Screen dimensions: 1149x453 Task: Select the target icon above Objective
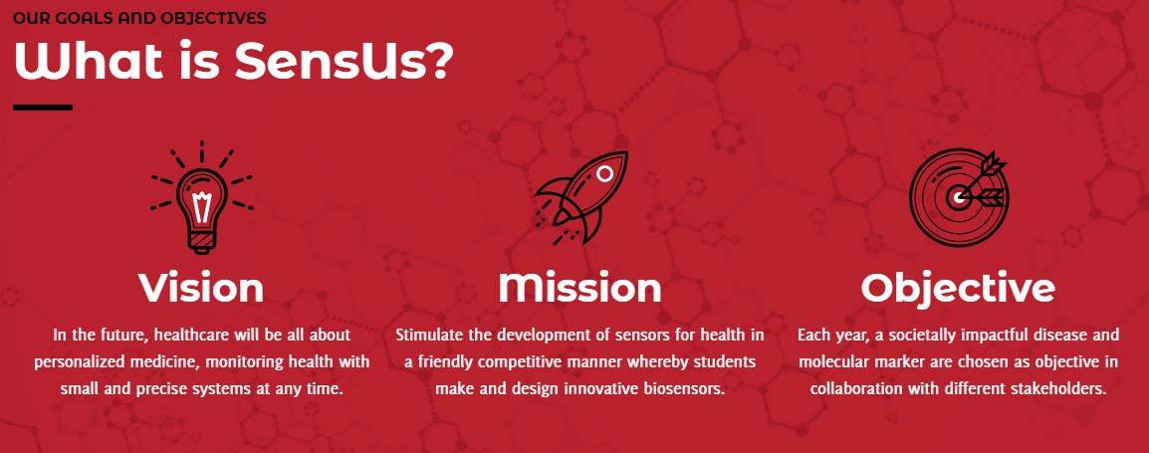point(959,196)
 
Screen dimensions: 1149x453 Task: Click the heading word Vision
point(201,288)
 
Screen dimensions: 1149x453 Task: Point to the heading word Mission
point(579,288)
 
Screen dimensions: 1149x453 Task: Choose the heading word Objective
point(958,289)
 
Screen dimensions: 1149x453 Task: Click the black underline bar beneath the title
point(43,108)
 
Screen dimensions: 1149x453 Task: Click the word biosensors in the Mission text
point(680,388)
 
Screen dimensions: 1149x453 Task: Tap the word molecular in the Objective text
point(832,362)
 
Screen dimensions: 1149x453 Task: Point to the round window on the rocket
point(604,173)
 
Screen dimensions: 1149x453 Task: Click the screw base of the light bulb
point(201,241)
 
